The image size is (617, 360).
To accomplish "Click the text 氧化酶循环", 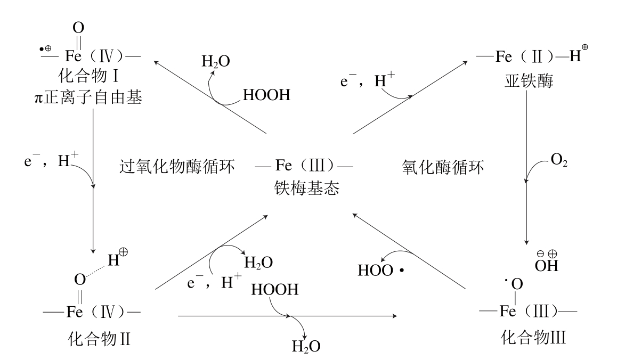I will point(443,169).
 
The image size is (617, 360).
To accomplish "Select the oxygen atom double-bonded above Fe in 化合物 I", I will point(78,27).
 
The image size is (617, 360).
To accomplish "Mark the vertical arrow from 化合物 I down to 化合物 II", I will point(93,181).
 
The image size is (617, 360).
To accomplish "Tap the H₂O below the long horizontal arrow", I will point(306,347).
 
